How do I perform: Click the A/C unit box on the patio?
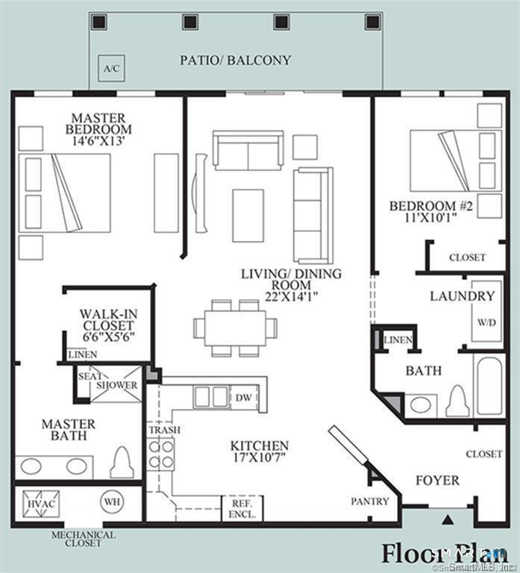coord(111,69)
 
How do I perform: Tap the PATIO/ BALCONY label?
coord(235,60)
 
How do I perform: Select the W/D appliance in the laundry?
coord(486,323)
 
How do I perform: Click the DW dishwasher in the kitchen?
coord(243,397)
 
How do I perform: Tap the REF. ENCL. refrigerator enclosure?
coord(242,510)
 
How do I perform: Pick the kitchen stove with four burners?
coord(161,454)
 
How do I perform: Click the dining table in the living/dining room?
coord(235,328)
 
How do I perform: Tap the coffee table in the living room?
coord(248,216)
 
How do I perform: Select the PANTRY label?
coord(370,501)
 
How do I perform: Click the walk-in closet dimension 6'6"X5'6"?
coord(107,336)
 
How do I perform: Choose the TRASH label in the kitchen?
coord(163,430)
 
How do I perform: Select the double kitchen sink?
coord(210,397)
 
